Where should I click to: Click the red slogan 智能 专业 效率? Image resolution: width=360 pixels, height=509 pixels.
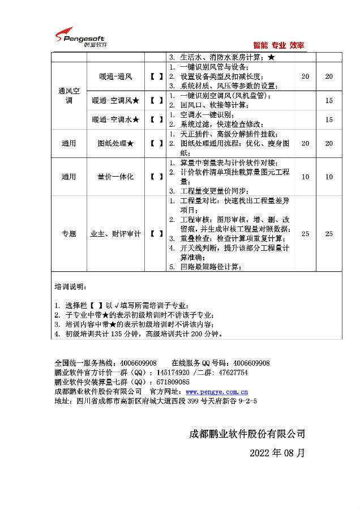278,45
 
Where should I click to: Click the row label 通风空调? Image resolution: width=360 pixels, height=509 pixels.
68,95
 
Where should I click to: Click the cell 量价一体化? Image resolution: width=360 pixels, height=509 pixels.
115,177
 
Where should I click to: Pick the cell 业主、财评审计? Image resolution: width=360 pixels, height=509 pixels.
115,233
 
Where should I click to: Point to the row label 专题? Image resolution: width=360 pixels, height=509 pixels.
68,233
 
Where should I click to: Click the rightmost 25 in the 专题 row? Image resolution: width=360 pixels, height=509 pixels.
329,233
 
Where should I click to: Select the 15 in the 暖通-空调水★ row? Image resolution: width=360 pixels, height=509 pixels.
329,119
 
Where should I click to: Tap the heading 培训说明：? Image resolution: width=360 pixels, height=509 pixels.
71,286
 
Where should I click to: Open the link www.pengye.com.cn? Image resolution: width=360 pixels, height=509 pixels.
217,391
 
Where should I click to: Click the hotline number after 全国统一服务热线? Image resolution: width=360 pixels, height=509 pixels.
136,363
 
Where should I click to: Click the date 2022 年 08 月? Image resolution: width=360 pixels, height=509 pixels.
277,453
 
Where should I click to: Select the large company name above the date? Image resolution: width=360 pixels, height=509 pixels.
247,434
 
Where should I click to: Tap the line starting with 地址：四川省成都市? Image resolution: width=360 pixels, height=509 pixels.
156,401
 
